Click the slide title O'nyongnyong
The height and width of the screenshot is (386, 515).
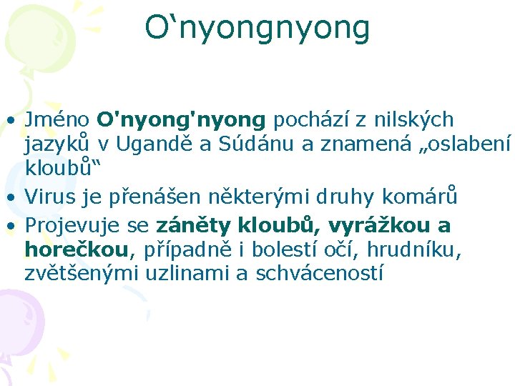point(257,28)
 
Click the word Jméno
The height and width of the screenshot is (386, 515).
point(57,119)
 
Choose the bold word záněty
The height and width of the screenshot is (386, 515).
point(190,226)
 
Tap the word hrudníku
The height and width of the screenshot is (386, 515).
point(422,249)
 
